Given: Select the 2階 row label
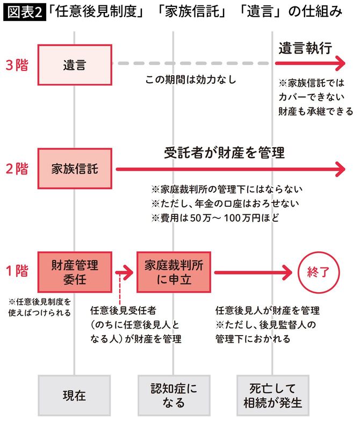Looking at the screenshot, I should pyautogui.click(x=17, y=169).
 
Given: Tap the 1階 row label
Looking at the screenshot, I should pyautogui.click(x=17, y=271).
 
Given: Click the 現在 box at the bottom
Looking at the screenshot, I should pyautogui.click(x=75, y=396).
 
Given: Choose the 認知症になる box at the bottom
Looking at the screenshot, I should pyautogui.click(x=174, y=396).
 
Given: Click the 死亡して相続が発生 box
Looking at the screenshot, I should pyautogui.click(x=273, y=396).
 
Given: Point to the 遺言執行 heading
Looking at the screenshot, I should pyautogui.click(x=305, y=48).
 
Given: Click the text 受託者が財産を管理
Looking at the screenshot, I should pyautogui.click(x=224, y=153).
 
